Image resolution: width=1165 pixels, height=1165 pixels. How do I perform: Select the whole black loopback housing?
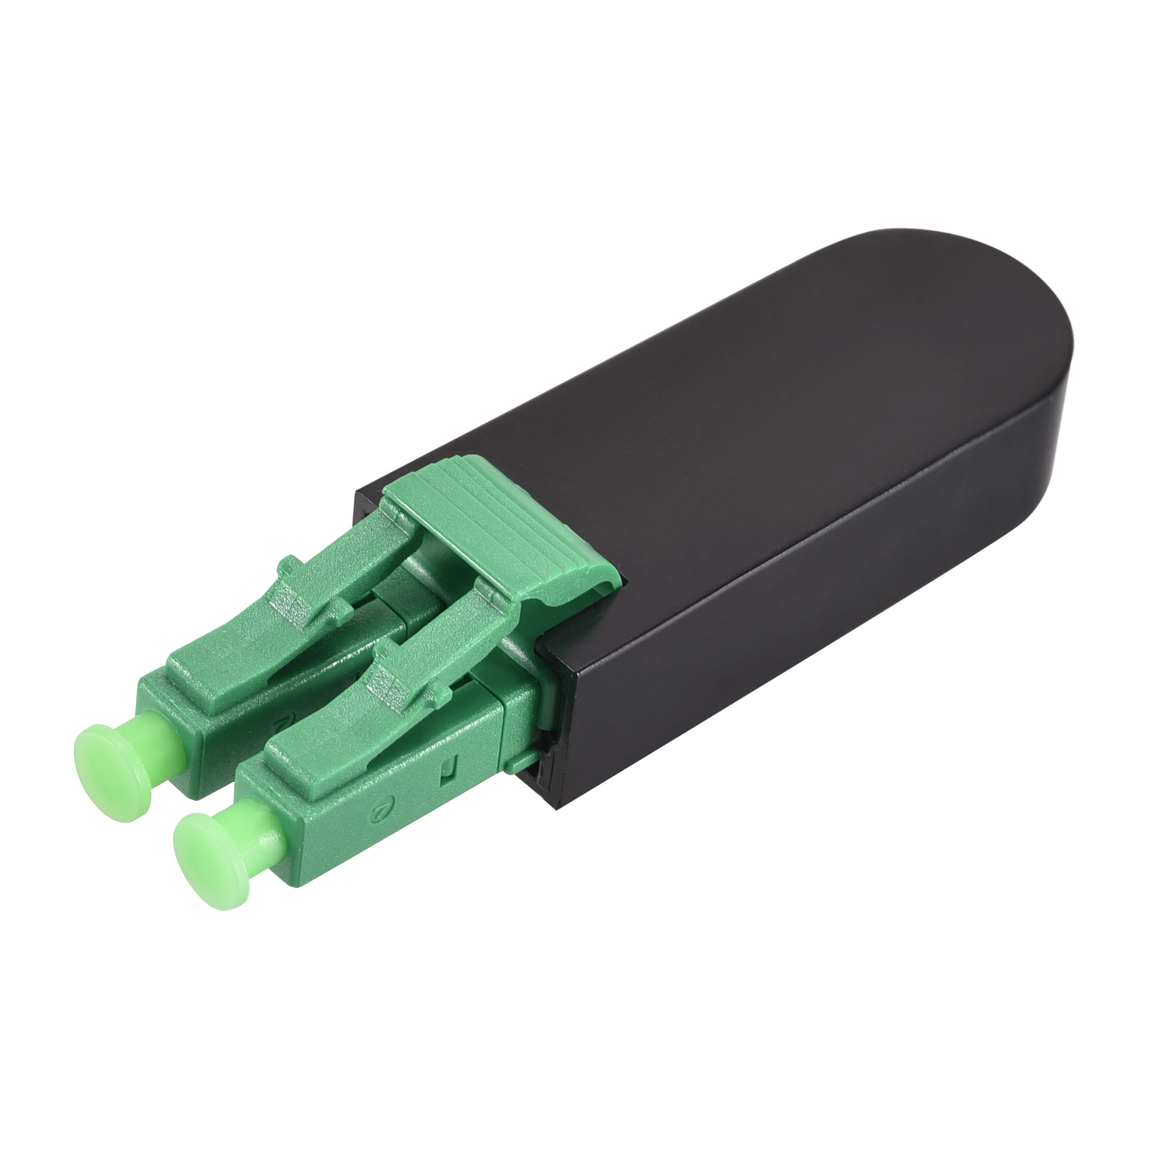click(754, 482)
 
